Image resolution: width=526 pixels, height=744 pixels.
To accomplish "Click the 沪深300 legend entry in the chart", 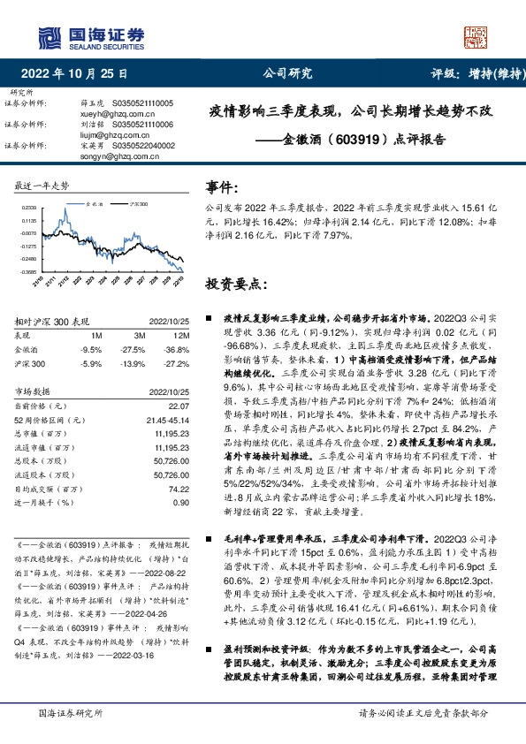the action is pyautogui.click(x=137, y=203).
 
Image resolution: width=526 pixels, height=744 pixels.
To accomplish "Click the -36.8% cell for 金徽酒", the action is pyautogui.click(x=178, y=350).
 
